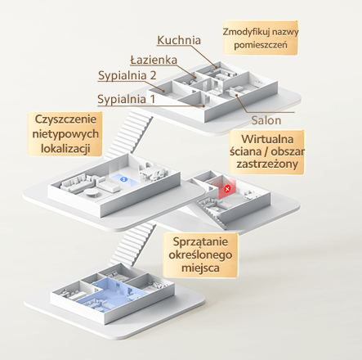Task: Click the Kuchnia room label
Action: [179, 40]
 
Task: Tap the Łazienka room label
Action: [154, 60]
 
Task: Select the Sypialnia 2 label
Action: [127, 75]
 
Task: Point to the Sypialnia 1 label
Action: [126, 99]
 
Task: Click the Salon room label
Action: [266, 120]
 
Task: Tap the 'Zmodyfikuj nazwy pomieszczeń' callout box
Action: [261, 38]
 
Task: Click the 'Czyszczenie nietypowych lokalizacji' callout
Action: [65, 134]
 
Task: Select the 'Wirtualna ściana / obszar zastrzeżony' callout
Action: [267, 151]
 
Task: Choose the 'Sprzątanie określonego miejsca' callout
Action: [200, 254]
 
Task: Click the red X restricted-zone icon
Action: [227, 188]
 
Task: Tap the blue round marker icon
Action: [123, 179]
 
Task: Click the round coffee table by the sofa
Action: [92, 193]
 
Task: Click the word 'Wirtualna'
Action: [267, 139]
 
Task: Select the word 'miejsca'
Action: [200, 268]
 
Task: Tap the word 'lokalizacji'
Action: [65, 149]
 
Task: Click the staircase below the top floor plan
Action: [128, 135]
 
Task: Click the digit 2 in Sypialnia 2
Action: [153, 75]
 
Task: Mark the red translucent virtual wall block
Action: [224, 187]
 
